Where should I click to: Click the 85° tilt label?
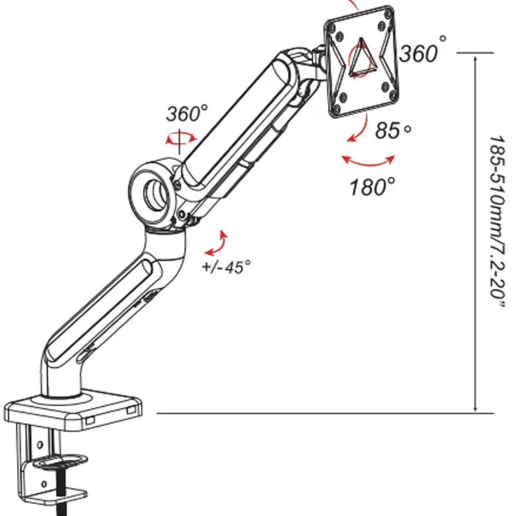(392, 130)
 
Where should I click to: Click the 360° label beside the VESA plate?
(423, 52)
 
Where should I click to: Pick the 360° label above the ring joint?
(186, 114)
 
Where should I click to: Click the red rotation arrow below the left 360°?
(179, 137)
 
